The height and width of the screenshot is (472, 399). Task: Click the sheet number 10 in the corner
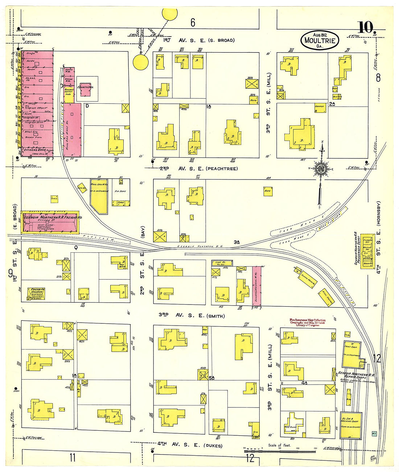click(366, 28)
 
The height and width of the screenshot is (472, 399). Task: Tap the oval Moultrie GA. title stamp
click(320, 40)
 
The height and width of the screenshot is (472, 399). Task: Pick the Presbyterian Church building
click(36, 294)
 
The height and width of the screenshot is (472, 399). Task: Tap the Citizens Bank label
click(33, 150)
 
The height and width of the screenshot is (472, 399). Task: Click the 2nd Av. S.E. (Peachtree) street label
click(198, 169)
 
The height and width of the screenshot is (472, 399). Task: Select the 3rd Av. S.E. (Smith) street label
click(192, 315)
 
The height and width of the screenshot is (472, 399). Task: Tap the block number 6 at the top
click(193, 23)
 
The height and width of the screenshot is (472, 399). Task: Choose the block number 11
click(73, 457)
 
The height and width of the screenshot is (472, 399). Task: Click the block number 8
click(378, 78)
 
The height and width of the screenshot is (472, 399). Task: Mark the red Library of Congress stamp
click(307, 322)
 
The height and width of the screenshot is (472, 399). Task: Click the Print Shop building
click(351, 354)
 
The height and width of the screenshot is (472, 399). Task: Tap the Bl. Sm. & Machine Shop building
click(351, 425)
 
